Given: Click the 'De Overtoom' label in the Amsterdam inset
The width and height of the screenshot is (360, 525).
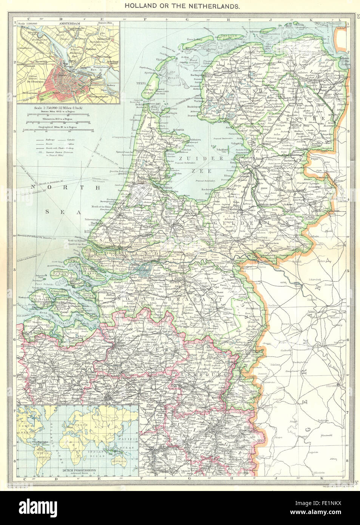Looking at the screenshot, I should coord(32,92).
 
